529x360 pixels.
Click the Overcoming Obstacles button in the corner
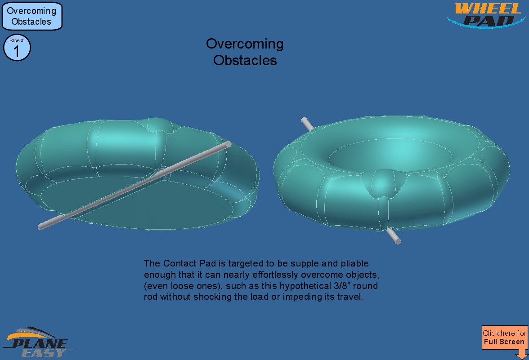pyautogui.click(x=32, y=16)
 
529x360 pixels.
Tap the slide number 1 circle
pyautogui.click(x=17, y=48)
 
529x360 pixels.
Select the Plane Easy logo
pyautogui.click(x=39, y=342)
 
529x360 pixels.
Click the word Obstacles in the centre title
pyautogui.click(x=245, y=60)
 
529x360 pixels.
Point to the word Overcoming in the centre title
pyautogui.click(x=245, y=44)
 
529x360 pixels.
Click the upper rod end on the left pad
pyautogui.click(x=229, y=144)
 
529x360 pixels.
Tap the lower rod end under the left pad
pyautogui.click(x=41, y=227)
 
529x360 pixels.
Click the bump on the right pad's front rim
pyautogui.click(x=383, y=183)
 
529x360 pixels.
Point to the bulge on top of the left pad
pyautogui.click(x=157, y=124)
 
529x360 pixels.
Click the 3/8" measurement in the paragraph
pyautogui.click(x=342, y=286)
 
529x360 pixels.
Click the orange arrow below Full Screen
pyautogui.click(x=522, y=354)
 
